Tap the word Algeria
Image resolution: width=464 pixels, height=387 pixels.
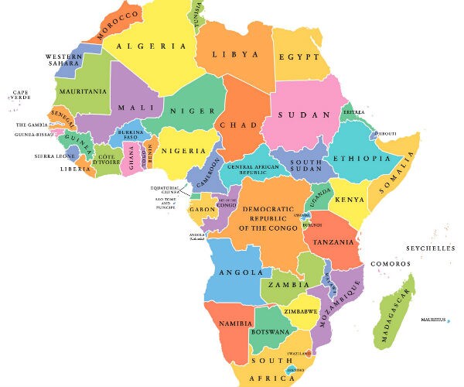(x=152, y=46)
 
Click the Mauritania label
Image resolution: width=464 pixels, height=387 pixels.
(x=80, y=91)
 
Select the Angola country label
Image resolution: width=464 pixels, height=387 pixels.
(x=237, y=272)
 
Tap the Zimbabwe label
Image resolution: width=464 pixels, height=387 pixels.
(x=301, y=311)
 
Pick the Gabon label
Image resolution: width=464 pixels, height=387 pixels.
(x=202, y=210)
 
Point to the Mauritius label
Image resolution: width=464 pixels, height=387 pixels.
(x=434, y=320)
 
